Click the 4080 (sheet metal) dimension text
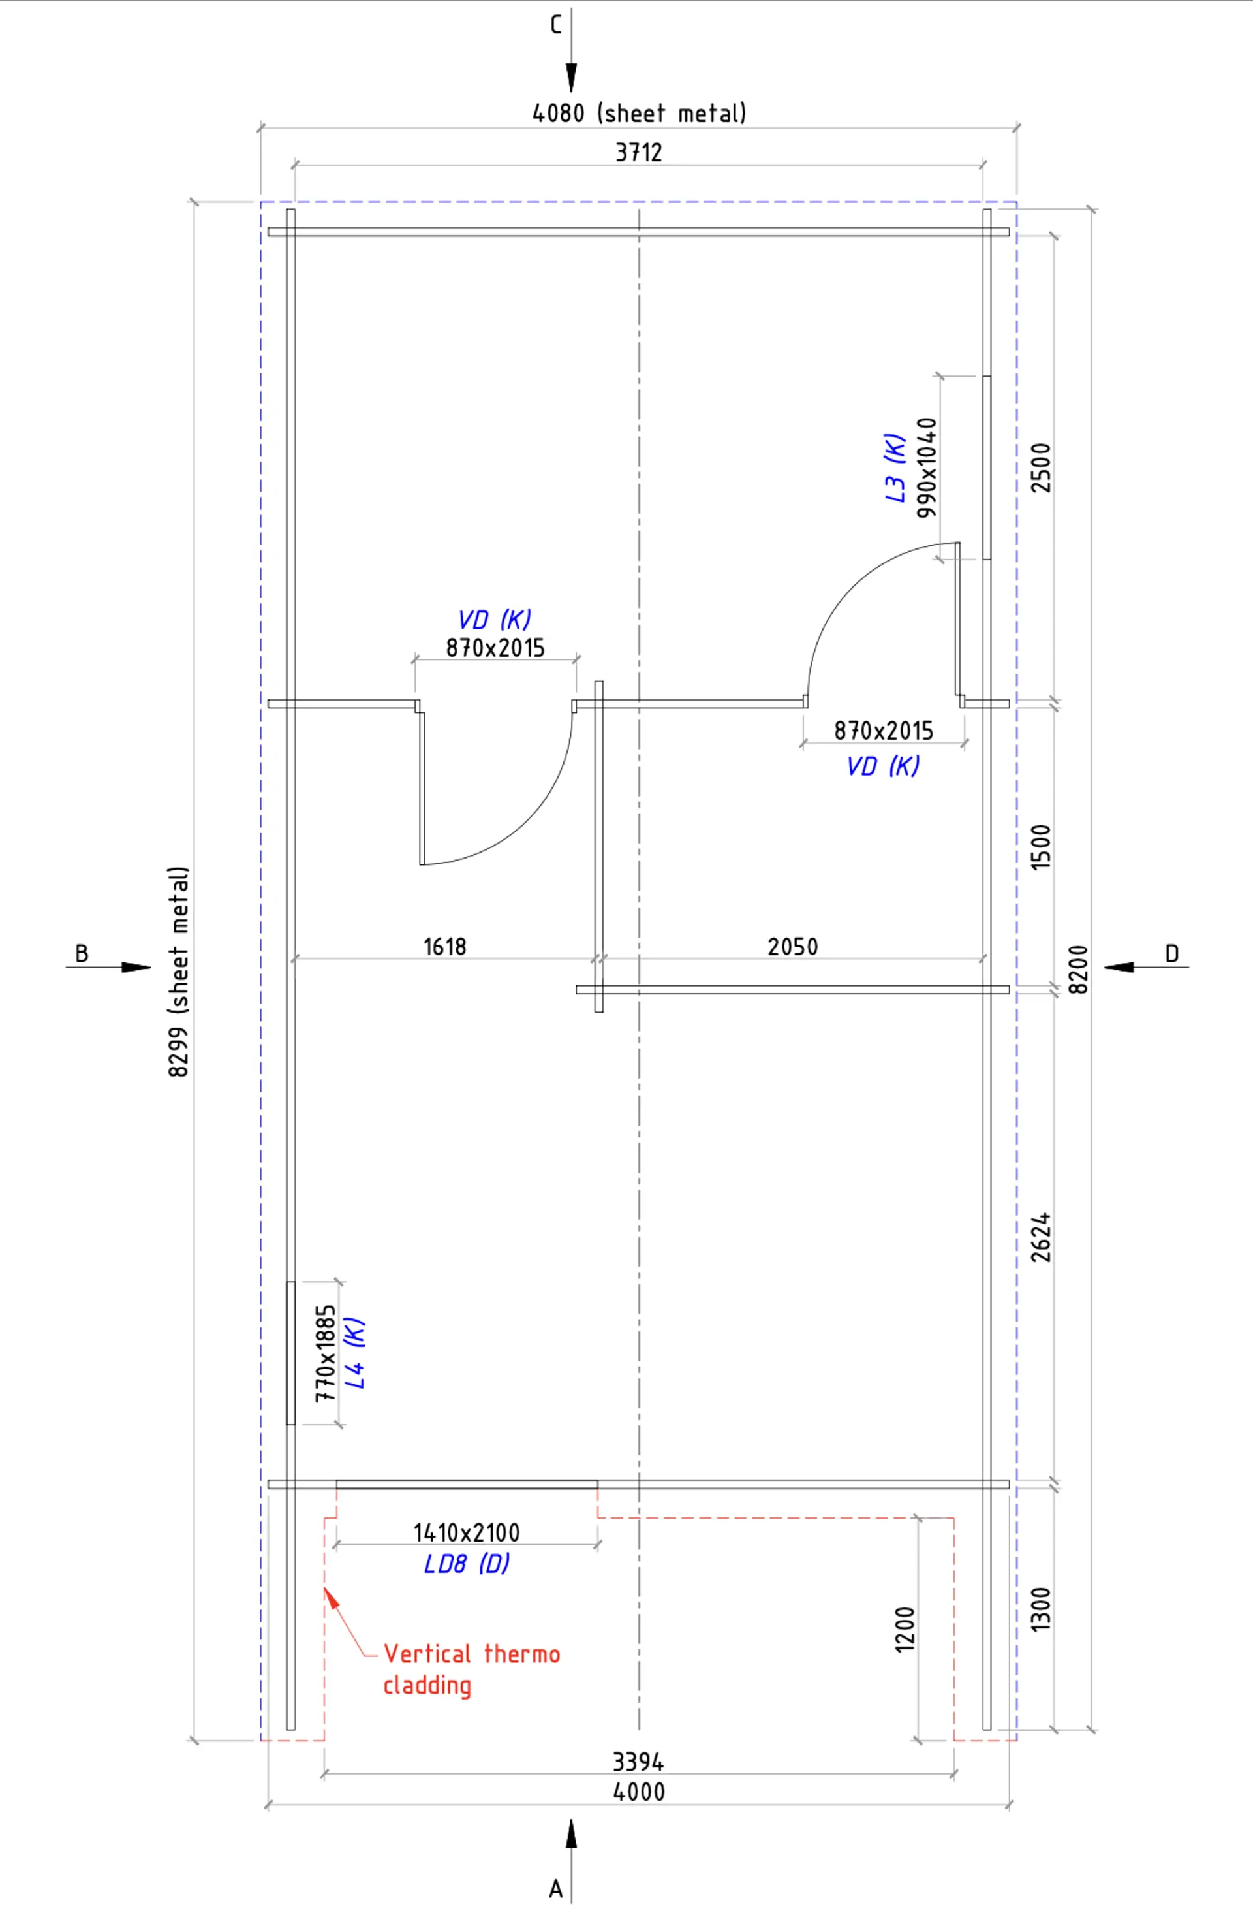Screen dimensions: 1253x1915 point(640,114)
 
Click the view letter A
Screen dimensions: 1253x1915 point(555,1888)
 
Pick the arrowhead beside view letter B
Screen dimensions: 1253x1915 point(136,967)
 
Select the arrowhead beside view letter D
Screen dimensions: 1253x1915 point(1119,967)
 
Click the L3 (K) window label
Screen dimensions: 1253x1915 point(895,467)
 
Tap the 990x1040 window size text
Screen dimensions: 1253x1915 point(927,467)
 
